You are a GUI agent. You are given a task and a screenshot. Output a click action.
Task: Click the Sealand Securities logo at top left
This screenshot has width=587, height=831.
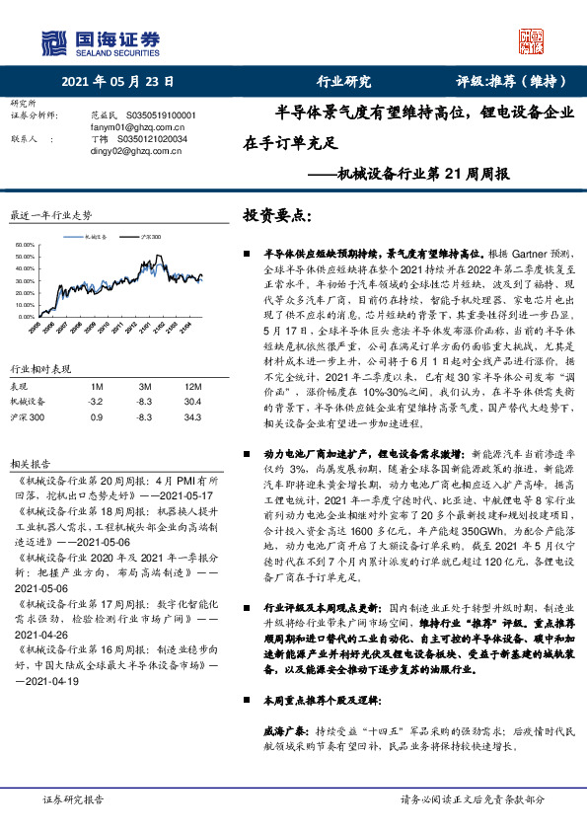tap(99, 42)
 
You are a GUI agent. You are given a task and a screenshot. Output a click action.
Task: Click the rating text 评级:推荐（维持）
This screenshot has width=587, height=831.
tap(512, 81)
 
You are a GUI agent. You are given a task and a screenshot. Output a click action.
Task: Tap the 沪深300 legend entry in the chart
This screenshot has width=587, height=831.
tap(147, 237)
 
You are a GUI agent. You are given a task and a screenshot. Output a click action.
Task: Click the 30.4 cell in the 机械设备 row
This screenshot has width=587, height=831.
tap(192, 374)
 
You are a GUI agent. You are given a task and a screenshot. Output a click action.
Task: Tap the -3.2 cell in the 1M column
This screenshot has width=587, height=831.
tap(95, 374)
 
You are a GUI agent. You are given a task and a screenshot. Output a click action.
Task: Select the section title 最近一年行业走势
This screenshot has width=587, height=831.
tap(50, 214)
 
